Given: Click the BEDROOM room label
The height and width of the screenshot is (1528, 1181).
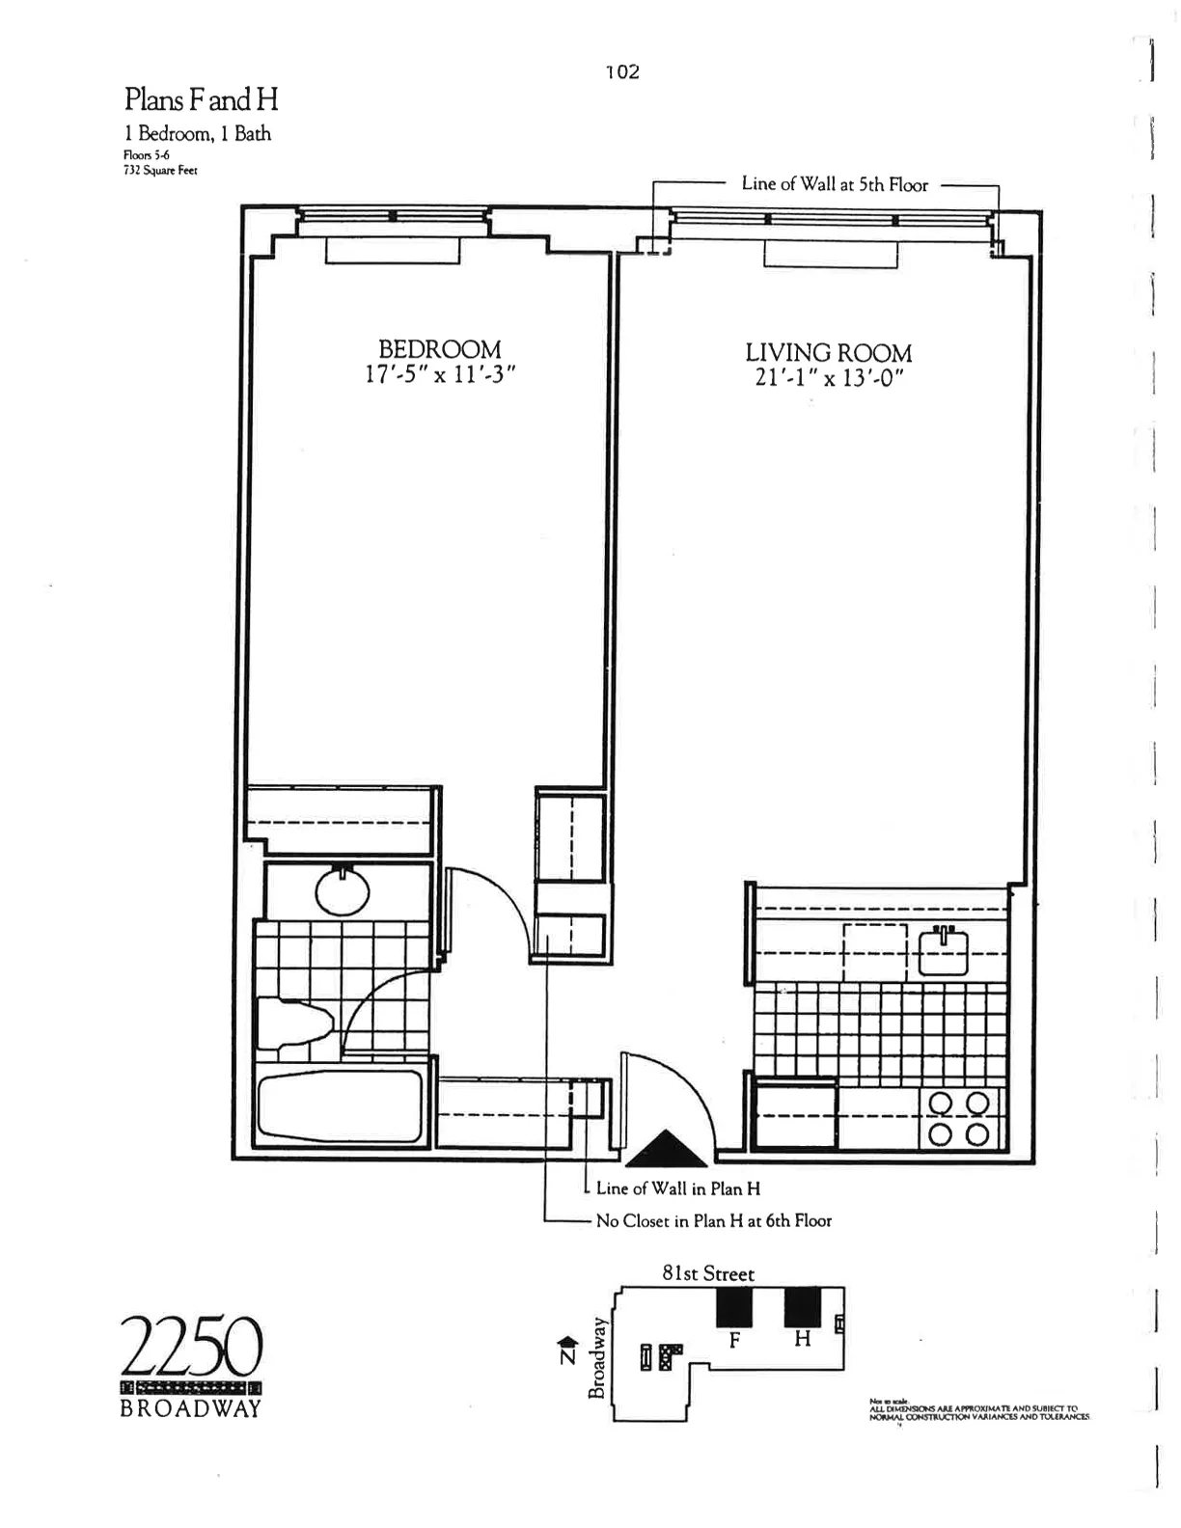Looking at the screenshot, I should click(x=439, y=348).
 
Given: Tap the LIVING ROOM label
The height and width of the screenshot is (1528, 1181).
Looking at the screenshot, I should click(x=828, y=353).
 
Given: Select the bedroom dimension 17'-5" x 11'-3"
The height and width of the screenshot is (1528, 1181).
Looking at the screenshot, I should click(x=440, y=374).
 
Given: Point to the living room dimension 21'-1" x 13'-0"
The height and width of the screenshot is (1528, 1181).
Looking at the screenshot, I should click(x=828, y=378).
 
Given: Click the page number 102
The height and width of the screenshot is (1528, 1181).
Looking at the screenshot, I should click(x=622, y=72).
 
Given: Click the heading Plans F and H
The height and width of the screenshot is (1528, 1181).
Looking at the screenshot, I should click(x=201, y=99).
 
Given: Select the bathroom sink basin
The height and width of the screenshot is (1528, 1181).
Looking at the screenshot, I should click(x=343, y=893).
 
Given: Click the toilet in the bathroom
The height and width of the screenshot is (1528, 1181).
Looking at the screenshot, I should click(x=295, y=1024).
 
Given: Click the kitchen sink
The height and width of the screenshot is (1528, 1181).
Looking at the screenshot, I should click(x=944, y=951).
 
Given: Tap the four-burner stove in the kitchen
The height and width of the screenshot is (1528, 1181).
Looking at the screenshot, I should click(x=958, y=1118).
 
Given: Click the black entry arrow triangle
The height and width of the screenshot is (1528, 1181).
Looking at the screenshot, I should click(x=667, y=1150).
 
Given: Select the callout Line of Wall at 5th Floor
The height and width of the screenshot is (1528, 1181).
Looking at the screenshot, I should click(x=835, y=184).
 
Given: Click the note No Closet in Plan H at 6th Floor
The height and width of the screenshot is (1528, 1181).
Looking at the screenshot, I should click(x=713, y=1221).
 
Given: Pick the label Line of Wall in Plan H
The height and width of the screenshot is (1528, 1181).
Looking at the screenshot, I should click(x=678, y=1189).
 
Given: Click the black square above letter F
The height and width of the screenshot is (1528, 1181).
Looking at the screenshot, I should click(x=733, y=1307).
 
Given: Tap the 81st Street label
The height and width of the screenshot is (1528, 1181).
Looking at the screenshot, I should click(x=707, y=1274).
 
